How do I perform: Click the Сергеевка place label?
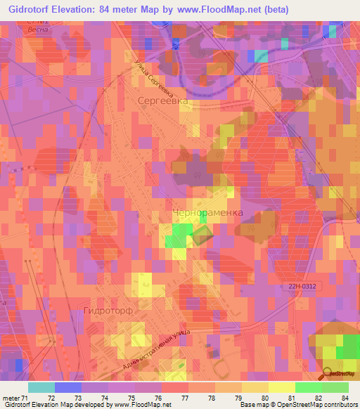coord(164,101)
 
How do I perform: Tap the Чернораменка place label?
coord(208,212)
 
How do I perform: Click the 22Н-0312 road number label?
coord(306,286)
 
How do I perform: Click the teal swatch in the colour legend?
coord(41,387)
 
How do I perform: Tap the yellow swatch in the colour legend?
coord(281,387)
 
